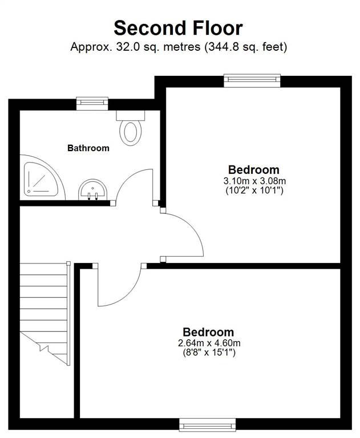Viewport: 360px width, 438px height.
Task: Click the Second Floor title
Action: pyautogui.click(x=178, y=28)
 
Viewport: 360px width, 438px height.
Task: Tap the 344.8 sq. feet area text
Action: pyautogui.click(x=246, y=47)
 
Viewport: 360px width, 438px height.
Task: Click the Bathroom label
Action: pyautogui.click(x=88, y=148)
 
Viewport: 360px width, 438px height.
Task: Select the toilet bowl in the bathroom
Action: pyautogui.click(x=131, y=132)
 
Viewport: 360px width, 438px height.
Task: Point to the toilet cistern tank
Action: pyautogui.click(x=131, y=115)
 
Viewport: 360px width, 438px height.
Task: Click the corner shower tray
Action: pyautogui.click(x=41, y=179)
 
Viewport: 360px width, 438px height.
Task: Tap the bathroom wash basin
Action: pyautogui.click(x=92, y=190)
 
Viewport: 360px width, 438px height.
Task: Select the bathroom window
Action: pyautogui.click(x=92, y=103)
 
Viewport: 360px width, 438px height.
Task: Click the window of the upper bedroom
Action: pyautogui.click(x=252, y=80)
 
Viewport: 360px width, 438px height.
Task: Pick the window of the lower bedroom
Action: pyautogui.click(x=208, y=425)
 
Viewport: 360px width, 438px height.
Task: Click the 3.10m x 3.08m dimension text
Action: pyautogui.click(x=254, y=181)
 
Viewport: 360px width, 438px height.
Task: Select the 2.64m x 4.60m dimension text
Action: pyautogui.click(x=209, y=343)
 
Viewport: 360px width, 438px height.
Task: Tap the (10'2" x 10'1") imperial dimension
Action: pyautogui.click(x=254, y=190)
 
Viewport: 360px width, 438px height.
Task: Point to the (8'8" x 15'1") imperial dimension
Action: pyautogui.click(x=209, y=352)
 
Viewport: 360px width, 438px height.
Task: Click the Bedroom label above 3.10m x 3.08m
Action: pyautogui.click(x=254, y=170)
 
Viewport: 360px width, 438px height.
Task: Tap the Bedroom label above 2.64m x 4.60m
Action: pyautogui.click(x=208, y=332)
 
